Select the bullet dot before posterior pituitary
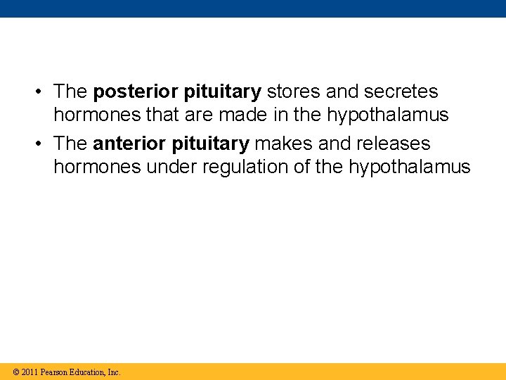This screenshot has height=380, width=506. tap(41, 92)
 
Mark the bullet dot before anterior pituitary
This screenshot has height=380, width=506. tap(41, 144)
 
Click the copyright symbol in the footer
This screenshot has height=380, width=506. tap(16, 372)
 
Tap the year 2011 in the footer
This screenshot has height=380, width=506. tap(30, 372)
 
